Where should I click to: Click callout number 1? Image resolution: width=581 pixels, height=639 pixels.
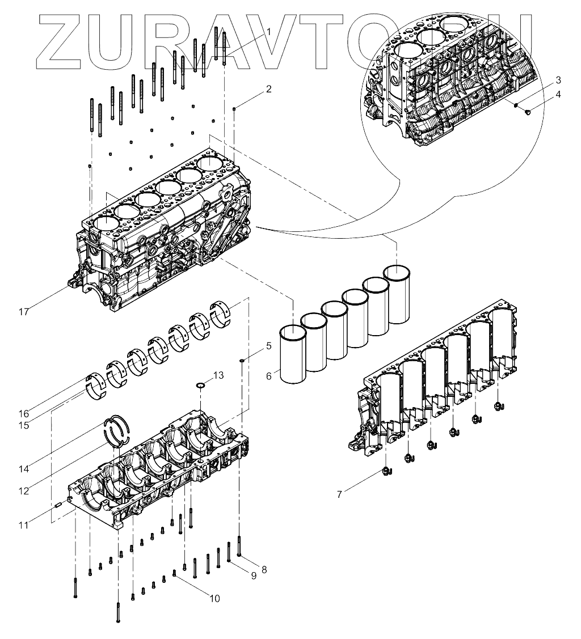(269, 32)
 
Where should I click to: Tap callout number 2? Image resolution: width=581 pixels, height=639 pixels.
(269, 89)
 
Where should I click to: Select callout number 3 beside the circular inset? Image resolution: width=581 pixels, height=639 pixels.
(558, 79)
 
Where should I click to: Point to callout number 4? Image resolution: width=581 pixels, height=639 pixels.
(558, 94)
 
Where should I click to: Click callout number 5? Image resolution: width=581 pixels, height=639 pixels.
(269, 345)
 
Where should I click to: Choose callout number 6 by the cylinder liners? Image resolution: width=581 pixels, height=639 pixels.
(269, 375)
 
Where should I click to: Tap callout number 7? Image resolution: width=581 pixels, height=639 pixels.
(339, 494)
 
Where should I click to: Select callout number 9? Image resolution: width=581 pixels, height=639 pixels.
(253, 575)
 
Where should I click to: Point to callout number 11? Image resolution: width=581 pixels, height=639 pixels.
(23, 525)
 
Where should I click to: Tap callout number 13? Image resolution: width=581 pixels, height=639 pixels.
(218, 375)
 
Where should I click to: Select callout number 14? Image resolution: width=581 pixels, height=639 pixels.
(23, 469)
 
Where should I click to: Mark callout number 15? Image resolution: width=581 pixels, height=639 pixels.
(23, 425)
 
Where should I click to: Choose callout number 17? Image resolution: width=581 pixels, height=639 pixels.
(23, 312)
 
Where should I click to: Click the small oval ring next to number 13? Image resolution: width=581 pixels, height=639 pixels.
(200, 386)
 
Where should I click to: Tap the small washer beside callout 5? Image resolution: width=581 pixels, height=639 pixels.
(242, 359)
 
